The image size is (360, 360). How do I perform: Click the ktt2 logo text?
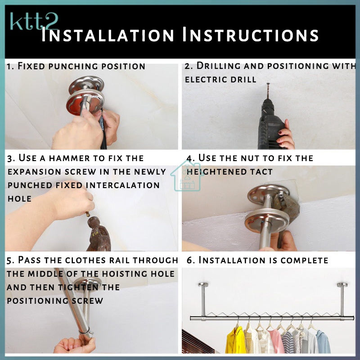(34, 21)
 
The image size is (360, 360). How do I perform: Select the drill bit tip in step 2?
(268, 84)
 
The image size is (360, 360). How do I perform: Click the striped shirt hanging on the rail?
(288, 342)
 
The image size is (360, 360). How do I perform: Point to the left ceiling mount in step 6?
(203, 300)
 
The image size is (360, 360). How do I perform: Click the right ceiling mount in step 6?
(342, 300)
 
